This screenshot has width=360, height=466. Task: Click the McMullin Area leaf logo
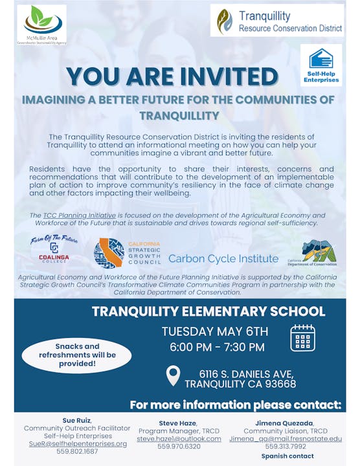point(43,21)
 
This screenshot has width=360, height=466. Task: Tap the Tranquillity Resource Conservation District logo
point(224,21)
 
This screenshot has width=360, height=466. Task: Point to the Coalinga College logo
point(54,252)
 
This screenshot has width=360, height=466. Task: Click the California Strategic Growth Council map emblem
point(109,253)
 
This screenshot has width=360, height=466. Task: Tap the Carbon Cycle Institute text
point(223,258)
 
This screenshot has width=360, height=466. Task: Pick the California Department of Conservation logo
point(321,253)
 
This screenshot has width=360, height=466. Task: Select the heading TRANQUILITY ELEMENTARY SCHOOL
point(208,311)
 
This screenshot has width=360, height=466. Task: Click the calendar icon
point(302,338)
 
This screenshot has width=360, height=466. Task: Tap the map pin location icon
point(173,375)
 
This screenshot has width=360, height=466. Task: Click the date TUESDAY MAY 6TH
point(215,331)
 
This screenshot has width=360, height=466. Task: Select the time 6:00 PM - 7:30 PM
point(217,347)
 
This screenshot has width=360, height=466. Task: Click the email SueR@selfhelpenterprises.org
point(76,443)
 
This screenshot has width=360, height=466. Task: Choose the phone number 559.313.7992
point(285,446)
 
